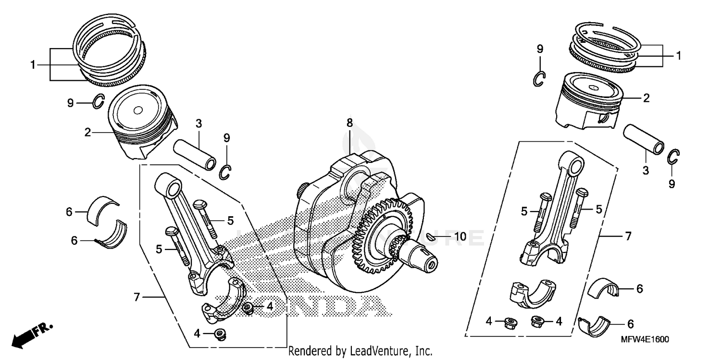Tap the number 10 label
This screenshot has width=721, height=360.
(x=460, y=236)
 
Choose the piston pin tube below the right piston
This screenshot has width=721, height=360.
(x=644, y=139)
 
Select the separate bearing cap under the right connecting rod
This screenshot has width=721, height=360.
(x=533, y=293)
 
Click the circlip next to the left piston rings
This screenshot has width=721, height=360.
(x=98, y=102)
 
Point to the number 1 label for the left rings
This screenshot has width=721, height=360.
(x=33, y=64)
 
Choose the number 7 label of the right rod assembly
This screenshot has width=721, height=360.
(x=628, y=236)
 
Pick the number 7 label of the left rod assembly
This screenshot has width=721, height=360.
(x=137, y=298)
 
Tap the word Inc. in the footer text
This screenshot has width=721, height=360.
(x=423, y=351)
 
